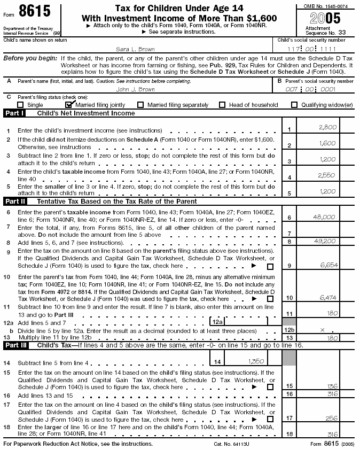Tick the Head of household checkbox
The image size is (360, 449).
pyautogui.click(x=222, y=105)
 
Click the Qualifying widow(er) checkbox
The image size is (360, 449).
pyautogui.click(x=294, y=105)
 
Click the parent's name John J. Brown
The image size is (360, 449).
pyautogui.click(x=136, y=89)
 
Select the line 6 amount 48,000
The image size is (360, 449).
pyautogui.click(x=324, y=217)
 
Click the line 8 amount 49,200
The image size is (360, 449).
pyautogui.click(x=324, y=241)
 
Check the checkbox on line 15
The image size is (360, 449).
pyautogui.click(x=270, y=387)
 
